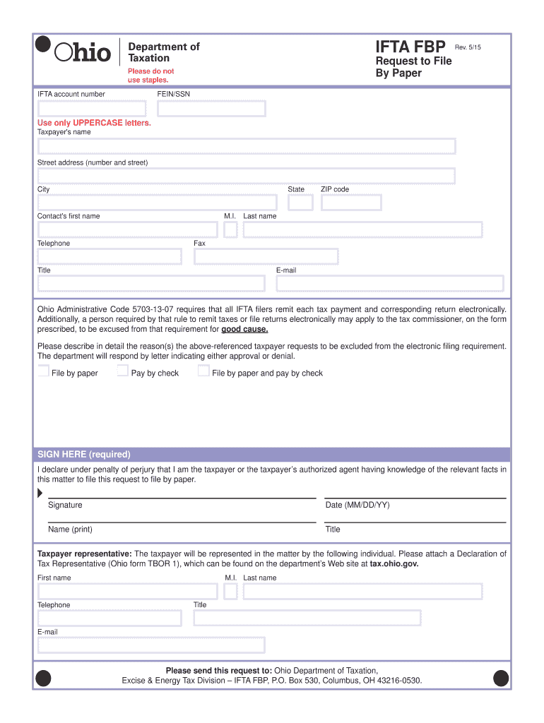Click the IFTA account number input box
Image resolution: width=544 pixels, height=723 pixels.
92,109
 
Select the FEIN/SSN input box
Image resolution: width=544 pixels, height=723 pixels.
211,109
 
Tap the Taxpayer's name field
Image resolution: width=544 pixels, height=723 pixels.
247,146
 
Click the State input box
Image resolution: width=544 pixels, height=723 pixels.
300,203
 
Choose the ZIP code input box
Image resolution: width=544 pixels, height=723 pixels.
351,203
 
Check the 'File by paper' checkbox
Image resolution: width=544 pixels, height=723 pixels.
44,371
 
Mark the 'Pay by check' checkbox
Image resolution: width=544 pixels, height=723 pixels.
123,371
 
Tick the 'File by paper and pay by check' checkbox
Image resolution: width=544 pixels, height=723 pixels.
203,371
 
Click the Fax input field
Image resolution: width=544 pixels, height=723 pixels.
266,256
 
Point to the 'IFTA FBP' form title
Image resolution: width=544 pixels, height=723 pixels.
410,47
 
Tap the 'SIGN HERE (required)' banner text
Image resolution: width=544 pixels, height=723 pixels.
84,454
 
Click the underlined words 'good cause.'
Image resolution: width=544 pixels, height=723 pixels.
244,329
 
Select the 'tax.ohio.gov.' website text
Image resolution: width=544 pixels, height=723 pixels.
394,564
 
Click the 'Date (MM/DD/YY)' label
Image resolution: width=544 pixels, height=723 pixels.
357,505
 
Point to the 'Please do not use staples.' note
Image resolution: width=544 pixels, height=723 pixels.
150,76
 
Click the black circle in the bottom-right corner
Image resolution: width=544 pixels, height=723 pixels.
501,679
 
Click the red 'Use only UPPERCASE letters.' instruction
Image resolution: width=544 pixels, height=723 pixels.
94,123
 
